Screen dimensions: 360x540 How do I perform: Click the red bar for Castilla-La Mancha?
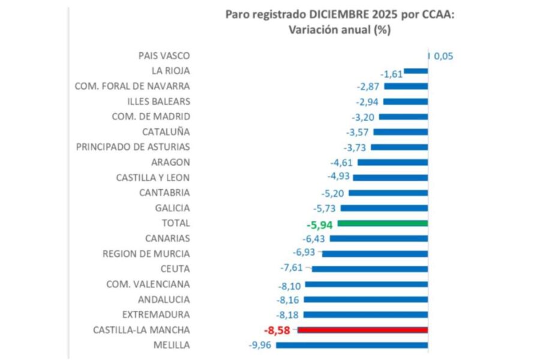point(362,329)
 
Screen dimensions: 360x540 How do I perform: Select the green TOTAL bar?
point(383,223)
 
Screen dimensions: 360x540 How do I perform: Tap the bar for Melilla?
point(352,345)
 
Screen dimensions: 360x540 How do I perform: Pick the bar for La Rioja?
point(416,71)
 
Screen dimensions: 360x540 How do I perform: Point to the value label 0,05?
point(443,56)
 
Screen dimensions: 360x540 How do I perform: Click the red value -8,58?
point(278,329)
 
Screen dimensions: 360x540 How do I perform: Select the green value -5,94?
point(319,224)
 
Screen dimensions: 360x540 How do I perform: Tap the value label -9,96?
point(260,345)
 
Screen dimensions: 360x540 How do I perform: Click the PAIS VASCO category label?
point(164,56)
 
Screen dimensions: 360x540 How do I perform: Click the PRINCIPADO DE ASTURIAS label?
point(133,147)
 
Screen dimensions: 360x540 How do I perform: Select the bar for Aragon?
point(393,163)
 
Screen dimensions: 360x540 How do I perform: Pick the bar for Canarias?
point(379,238)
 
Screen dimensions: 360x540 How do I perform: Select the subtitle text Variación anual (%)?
point(340,30)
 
